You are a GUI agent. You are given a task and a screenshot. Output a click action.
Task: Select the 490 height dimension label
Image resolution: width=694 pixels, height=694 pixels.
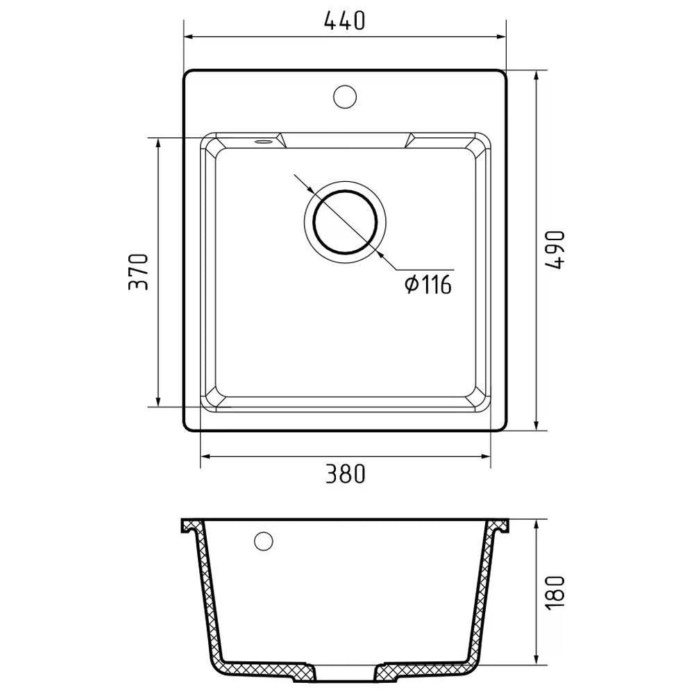[555, 250]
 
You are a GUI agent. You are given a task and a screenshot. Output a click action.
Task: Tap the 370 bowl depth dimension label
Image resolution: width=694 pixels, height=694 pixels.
[138, 271]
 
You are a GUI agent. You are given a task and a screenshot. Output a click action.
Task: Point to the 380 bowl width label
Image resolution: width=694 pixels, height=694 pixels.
[345, 473]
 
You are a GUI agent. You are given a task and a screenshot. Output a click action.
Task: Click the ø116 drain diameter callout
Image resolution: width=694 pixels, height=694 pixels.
[428, 284]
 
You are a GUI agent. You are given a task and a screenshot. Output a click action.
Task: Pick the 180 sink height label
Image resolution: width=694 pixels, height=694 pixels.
[555, 593]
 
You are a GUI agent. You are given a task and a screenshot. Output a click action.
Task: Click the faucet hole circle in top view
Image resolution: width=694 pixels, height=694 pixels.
[345, 96]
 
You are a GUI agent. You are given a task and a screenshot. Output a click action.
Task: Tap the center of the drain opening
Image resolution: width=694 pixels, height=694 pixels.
[345, 222]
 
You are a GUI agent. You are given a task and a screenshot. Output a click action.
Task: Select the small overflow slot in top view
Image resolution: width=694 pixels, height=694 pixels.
[262, 142]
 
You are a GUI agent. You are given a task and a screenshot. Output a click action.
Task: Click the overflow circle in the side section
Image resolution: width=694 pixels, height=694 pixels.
[263, 541]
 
